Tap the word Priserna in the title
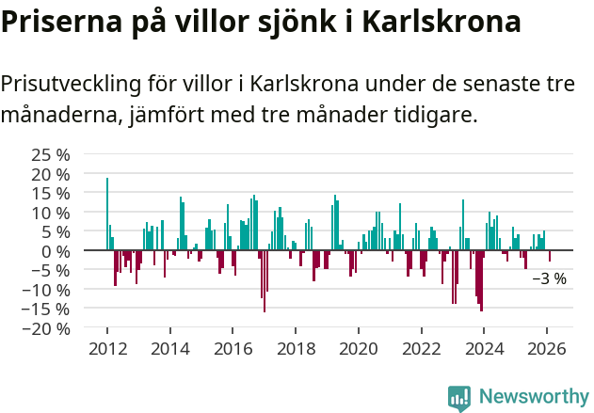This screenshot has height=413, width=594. (x=58, y=22)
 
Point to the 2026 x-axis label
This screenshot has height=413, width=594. (x=547, y=348)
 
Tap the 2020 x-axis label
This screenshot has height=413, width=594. (x=358, y=348)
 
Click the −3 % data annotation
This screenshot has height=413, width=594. (x=549, y=278)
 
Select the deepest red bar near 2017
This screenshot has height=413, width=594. (x=265, y=280)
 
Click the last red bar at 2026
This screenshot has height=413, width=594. (x=550, y=256)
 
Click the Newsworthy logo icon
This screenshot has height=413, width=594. (x=459, y=398)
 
